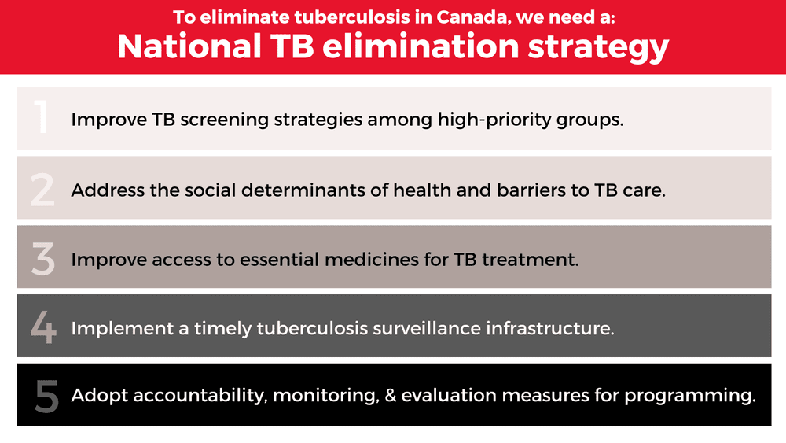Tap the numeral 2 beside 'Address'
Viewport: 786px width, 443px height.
[x=42, y=189]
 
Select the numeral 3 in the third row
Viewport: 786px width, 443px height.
[x=42, y=258]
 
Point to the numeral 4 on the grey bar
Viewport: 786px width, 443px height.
[x=42, y=327]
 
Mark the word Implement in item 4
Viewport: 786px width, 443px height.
[x=122, y=328]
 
